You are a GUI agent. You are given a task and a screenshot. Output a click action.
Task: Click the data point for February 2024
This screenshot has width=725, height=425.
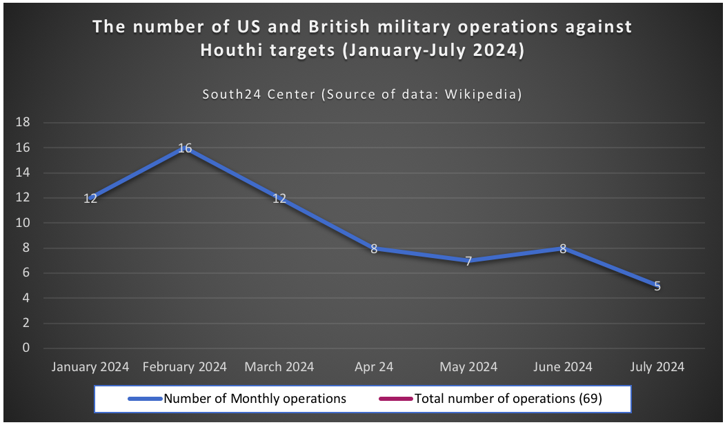click(185, 148)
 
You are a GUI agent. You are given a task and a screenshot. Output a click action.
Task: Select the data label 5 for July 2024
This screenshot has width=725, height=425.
click(657, 286)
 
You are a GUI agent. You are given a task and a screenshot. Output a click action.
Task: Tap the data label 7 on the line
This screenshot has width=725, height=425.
click(468, 261)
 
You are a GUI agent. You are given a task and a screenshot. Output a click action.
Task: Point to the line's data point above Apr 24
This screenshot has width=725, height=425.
click(374, 248)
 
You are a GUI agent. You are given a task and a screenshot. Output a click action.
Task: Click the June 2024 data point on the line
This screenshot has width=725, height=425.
click(563, 248)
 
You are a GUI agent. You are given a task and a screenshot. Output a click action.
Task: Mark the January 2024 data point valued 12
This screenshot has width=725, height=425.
click(90, 198)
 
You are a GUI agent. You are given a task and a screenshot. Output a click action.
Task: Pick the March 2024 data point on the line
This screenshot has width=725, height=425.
click(279, 198)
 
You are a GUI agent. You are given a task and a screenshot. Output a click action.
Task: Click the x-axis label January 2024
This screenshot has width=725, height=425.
click(90, 367)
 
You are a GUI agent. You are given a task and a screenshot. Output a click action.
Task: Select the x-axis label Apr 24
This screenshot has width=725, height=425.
click(374, 367)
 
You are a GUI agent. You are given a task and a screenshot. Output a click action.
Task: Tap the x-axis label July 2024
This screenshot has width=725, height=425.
click(657, 367)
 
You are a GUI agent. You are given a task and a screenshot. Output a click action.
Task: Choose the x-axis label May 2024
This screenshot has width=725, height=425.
click(468, 367)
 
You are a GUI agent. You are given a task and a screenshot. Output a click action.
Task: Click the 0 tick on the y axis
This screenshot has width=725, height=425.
click(26, 348)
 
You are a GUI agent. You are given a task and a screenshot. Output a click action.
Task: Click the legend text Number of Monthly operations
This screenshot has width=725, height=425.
click(255, 398)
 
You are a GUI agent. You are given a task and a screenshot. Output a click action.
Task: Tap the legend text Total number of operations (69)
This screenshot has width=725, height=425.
click(508, 398)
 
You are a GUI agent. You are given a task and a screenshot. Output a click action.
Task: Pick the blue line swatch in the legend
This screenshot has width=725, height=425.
click(144, 399)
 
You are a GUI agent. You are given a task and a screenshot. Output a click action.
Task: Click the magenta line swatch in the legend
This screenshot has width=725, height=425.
click(395, 399)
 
